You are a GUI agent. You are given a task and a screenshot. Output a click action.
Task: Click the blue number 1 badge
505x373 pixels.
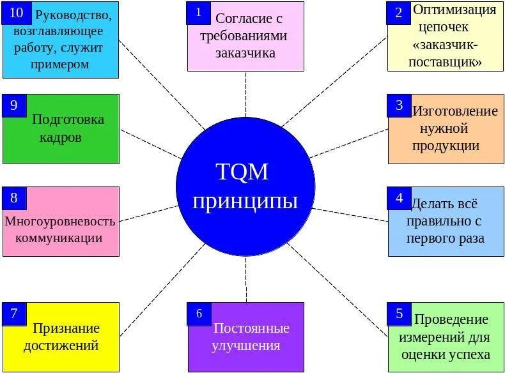click(199, 13)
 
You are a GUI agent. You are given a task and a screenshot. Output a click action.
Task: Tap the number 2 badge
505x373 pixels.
click(400, 13)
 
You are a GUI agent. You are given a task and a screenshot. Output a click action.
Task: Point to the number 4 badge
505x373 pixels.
click(400, 198)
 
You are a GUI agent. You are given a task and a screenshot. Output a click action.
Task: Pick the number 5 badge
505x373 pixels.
click(400, 314)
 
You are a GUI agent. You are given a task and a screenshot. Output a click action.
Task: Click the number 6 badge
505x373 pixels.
click(199, 314)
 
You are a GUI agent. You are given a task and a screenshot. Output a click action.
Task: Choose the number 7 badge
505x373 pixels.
click(14, 314)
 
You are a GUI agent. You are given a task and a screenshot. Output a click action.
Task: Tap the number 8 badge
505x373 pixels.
click(14, 198)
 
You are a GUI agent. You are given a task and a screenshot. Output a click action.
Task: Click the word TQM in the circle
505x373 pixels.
click(242, 172)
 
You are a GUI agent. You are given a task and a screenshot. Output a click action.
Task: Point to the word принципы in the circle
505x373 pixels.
click(245, 202)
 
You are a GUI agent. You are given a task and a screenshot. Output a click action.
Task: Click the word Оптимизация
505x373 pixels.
click(454, 10)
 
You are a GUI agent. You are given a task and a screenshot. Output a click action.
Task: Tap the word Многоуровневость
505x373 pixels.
click(60, 222)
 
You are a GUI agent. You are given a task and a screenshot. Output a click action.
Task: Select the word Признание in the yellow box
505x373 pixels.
click(66, 329)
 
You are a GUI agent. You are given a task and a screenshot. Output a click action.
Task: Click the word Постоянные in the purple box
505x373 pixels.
click(251, 328)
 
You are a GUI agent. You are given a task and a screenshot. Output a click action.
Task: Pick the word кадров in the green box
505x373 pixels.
click(61, 137)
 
